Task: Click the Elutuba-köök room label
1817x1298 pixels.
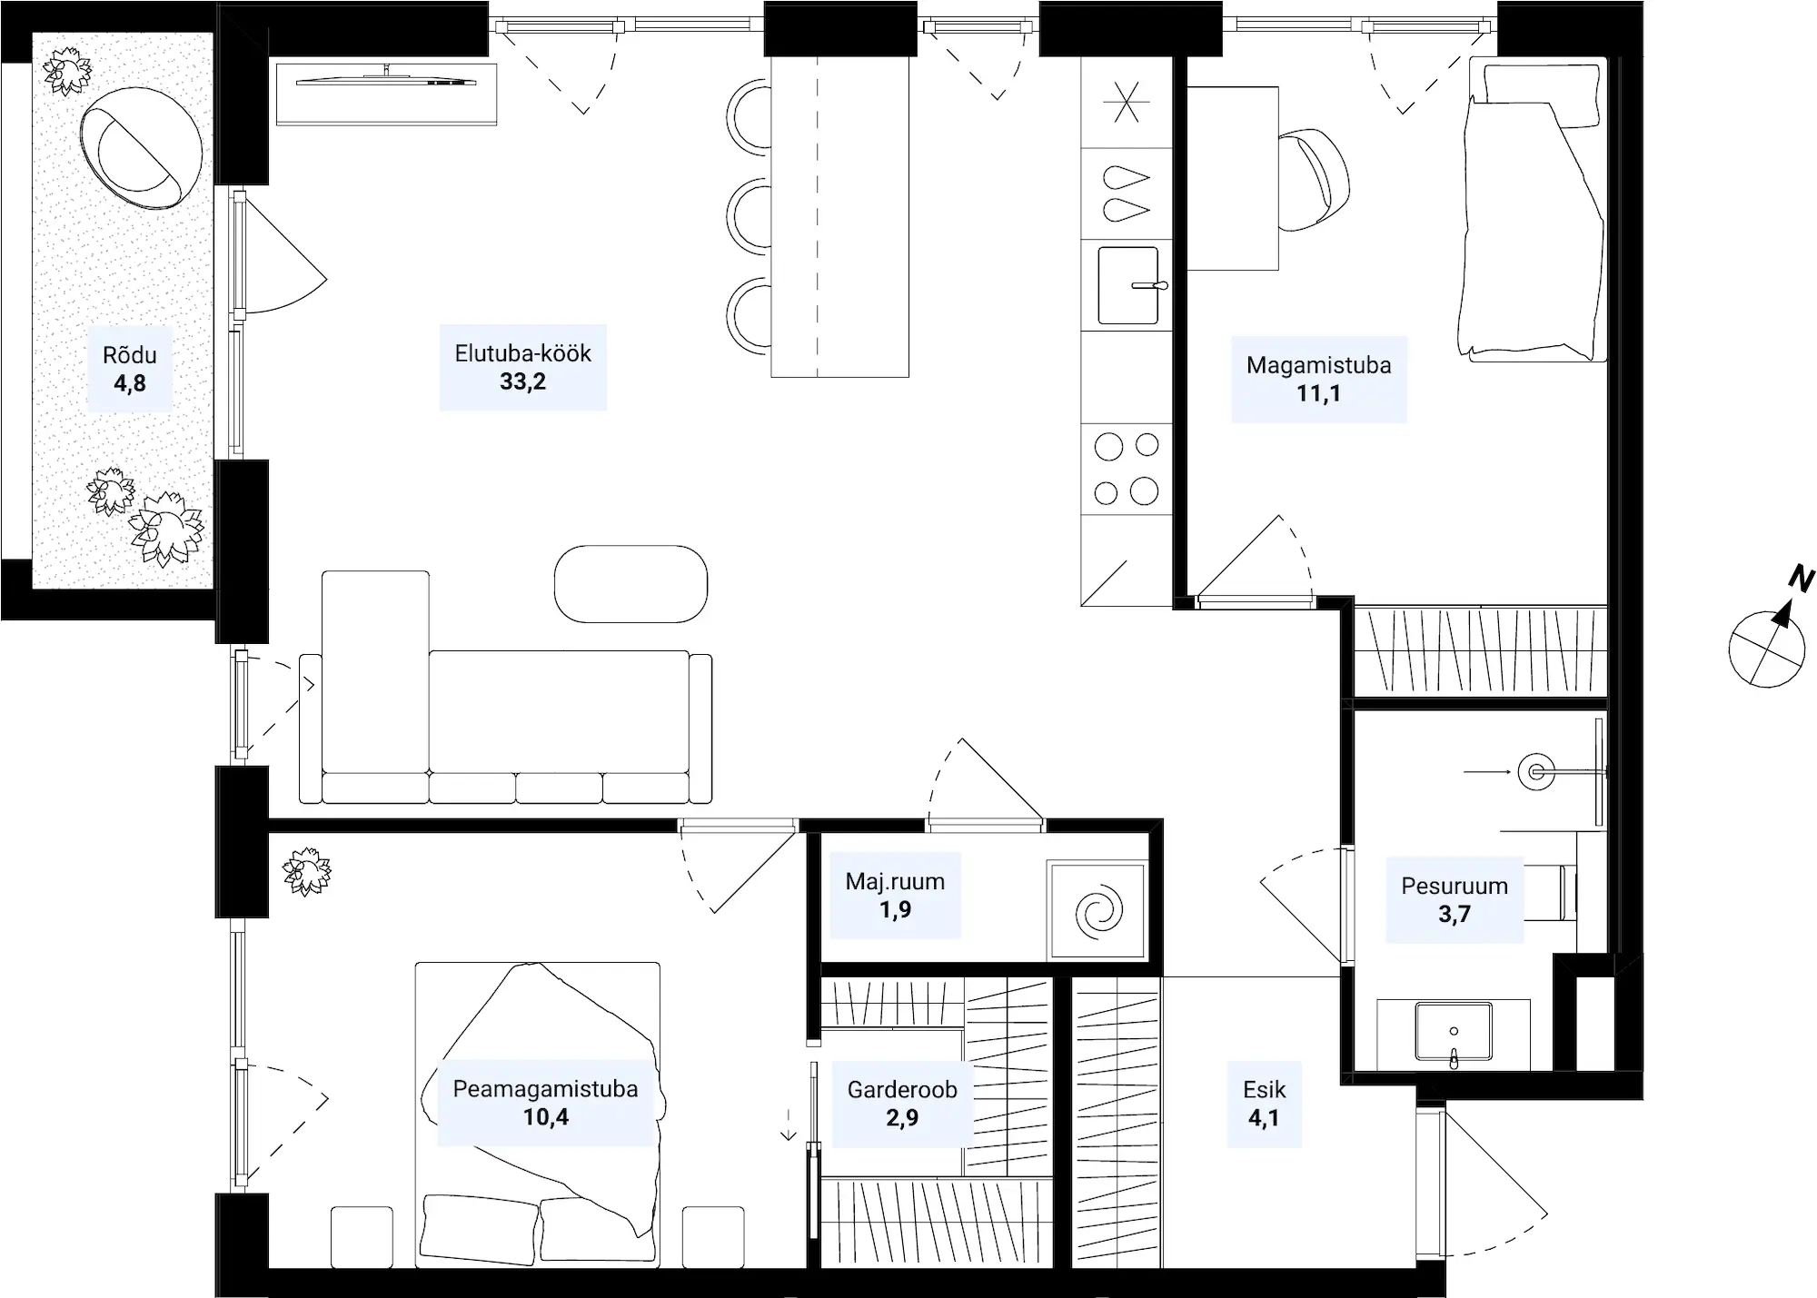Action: click(x=522, y=353)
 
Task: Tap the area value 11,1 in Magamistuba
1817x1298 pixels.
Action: click(x=1318, y=393)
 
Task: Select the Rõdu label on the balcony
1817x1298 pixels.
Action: click(x=130, y=355)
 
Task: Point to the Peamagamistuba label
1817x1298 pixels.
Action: click(x=545, y=1089)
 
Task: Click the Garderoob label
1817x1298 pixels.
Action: click(x=902, y=1090)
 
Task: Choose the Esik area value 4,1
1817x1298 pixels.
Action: click(x=1264, y=1118)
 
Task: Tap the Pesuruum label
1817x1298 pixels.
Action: click(x=1455, y=886)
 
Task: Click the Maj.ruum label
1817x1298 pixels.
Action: click(x=895, y=881)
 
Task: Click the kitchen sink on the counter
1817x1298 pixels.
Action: click(x=1129, y=285)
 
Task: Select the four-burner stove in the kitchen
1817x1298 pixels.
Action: click(x=1127, y=469)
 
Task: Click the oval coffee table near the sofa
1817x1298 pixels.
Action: click(x=630, y=584)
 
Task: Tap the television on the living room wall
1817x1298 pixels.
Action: click(x=386, y=80)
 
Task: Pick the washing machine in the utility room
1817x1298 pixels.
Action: click(x=1097, y=910)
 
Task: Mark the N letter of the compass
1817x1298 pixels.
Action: click(x=1801, y=579)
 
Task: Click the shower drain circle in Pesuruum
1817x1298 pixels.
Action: click(x=1536, y=772)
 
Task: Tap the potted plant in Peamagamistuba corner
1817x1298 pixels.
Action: click(x=306, y=872)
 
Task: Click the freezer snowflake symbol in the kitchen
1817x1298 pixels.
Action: click(x=1126, y=102)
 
